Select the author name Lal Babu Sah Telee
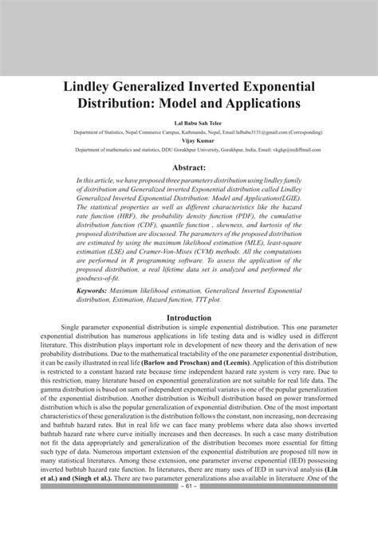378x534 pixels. point(189,124)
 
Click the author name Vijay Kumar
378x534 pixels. point(189,141)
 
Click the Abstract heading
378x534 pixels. point(189,167)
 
